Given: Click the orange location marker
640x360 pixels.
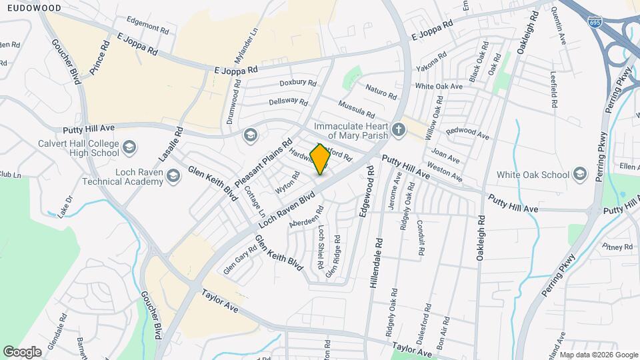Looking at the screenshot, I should (x=320, y=159).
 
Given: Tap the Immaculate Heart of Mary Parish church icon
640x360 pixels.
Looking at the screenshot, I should (x=398, y=129).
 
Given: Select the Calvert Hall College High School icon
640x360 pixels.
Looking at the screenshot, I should (x=129, y=146).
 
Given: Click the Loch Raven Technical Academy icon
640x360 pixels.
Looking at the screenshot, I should (x=173, y=175).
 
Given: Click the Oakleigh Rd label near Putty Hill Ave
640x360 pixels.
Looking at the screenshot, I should (x=479, y=243).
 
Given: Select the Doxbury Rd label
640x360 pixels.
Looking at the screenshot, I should (x=297, y=83).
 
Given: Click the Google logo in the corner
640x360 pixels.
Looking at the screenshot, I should (x=22, y=351).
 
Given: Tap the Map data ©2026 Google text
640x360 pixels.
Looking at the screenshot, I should (x=598, y=355).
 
